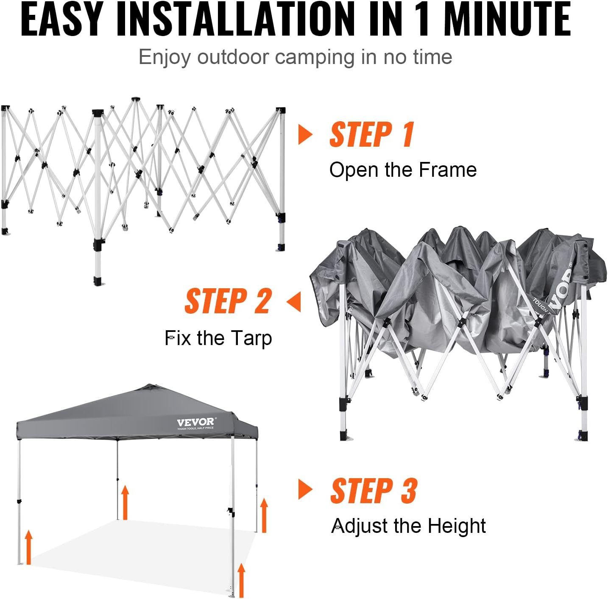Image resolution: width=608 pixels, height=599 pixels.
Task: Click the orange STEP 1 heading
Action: tap(372, 135)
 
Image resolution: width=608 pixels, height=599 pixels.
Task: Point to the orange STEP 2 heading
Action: tap(228, 301)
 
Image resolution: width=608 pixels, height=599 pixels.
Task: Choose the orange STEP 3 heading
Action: tap(374, 491)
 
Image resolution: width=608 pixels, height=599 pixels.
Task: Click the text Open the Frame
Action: tap(403, 170)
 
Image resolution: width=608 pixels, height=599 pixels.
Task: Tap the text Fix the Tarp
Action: tap(218, 338)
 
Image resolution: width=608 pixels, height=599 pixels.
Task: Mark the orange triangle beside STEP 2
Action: tap(294, 302)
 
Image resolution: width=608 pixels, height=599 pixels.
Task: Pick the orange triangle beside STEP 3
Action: tap(304, 490)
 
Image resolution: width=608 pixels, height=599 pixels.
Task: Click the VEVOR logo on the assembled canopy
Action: tap(195, 422)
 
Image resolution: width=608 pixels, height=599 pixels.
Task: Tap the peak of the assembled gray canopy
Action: tap(149, 385)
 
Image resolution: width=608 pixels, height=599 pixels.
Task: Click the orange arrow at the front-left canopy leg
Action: tap(29, 547)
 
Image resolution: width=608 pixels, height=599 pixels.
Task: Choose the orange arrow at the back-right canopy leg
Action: tap(264, 515)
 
